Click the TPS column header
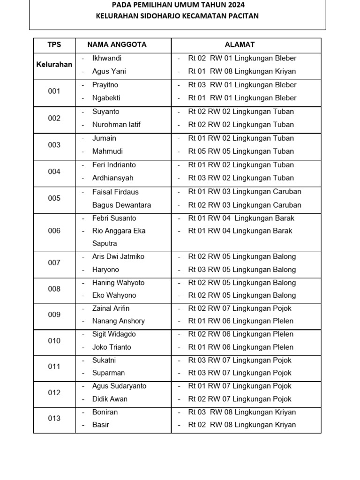coord(54,45)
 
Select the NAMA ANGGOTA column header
coord(117,45)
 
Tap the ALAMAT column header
coord(240,45)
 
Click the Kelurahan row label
coord(54,65)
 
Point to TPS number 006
coord(54,231)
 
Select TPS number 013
coord(54,418)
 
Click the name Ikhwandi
coord(107,58)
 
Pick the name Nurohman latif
coord(116,125)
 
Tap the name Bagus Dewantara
coord(121,205)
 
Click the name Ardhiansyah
coord(113,178)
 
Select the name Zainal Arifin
coord(111,308)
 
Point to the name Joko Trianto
coord(112,347)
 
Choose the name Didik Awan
coord(110,399)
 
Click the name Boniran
coord(105,412)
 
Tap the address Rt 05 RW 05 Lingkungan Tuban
coord(241,151)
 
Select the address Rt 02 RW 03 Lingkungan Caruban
coord(245,205)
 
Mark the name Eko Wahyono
coord(114,295)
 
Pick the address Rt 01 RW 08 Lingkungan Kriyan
coord(242,72)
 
